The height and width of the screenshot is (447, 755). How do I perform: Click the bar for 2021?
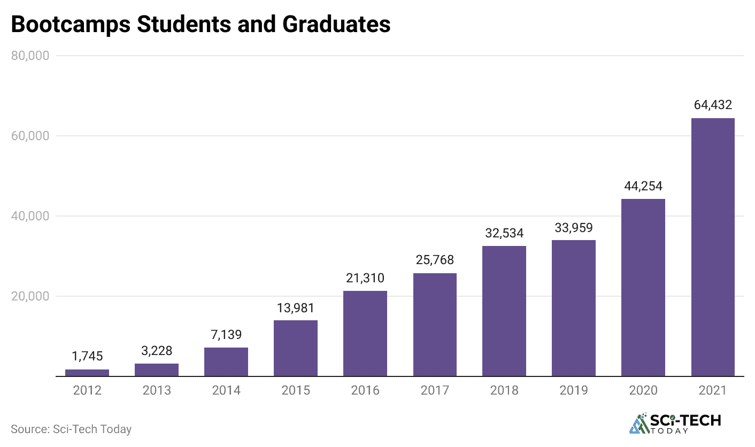pyautogui.click(x=712, y=247)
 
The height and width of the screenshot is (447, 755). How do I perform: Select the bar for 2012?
pyautogui.click(x=87, y=373)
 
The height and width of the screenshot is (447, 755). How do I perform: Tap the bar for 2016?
pyautogui.click(x=365, y=334)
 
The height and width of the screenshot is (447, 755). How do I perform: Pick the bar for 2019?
pyautogui.click(x=574, y=308)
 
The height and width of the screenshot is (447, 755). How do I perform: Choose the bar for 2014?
pyautogui.click(x=226, y=362)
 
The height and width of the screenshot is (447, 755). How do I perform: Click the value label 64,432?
pyautogui.click(x=712, y=105)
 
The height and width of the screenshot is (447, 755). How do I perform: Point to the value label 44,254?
pyautogui.click(x=643, y=186)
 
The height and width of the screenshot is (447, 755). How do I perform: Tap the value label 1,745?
pyautogui.click(x=87, y=356)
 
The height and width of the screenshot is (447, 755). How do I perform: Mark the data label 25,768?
pyautogui.click(x=435, y=260)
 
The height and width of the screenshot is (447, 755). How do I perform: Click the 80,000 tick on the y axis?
pyautogui.click(x=30, y=56)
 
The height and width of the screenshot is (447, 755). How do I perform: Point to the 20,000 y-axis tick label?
pyautogui.click(x=30, y=296)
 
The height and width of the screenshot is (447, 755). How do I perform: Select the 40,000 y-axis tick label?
pyautogui.click(x=30, y=216)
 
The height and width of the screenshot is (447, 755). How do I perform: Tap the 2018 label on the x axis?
pyautogui.click(x=504, y=390)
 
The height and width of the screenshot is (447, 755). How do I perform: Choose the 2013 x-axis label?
pyautogui.click(x=157, y=390)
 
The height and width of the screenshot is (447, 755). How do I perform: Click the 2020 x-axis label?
pyautogui.click(x=643, y=390)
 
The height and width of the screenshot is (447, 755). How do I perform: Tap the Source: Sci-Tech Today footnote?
pyautogui.click(x=71, y=429)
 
